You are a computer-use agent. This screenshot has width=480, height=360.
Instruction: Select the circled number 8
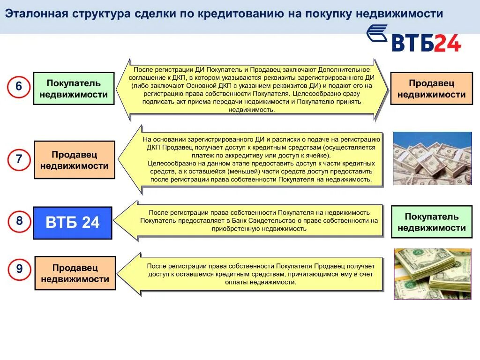click(19, 221)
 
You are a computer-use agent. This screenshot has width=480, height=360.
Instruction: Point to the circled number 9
click(19, 269)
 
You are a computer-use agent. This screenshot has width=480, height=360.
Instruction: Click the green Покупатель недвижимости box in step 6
click(74, 89)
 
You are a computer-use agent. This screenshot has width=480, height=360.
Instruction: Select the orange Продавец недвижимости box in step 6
click(431, 89)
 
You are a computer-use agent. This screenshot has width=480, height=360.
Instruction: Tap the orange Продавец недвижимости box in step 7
click(74, 160)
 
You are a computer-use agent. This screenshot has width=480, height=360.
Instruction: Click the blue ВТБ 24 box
click(72, 223)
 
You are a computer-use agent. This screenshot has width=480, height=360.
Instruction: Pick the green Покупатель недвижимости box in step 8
click(431, 222)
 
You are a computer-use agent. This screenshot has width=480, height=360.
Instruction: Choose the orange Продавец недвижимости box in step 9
click(75, 273)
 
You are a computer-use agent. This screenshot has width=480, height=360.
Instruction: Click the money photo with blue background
click(432, 158)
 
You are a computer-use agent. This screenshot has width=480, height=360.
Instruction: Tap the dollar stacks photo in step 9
click(432, 274)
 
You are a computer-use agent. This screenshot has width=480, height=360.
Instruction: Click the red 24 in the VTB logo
click(447, 43)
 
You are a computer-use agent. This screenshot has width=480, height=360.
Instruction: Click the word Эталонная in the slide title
click(35, 14)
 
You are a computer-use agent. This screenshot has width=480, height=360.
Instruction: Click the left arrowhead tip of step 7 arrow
click(117, 159)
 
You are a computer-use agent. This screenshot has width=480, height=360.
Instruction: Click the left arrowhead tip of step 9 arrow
click(117, 274)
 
